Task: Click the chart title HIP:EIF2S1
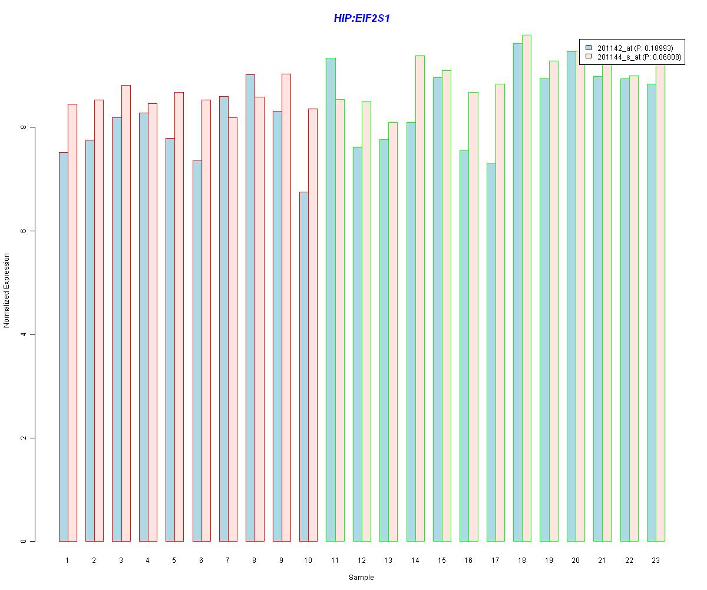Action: [x=362, y=18]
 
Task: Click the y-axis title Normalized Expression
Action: [x=6, y=290]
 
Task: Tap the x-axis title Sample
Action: [x=361, y=578]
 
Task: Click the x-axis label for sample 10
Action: [x=308, y=560]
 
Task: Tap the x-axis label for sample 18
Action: [x=522, y=560]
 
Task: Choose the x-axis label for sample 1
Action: [x=67, y=560]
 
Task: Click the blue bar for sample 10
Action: [x=304, y=366]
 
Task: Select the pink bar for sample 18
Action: [x=527, y=289]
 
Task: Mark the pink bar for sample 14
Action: [x=419, y=299]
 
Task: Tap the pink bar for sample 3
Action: [x=126, y=313]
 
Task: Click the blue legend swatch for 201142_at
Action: [x=589, y=48]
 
